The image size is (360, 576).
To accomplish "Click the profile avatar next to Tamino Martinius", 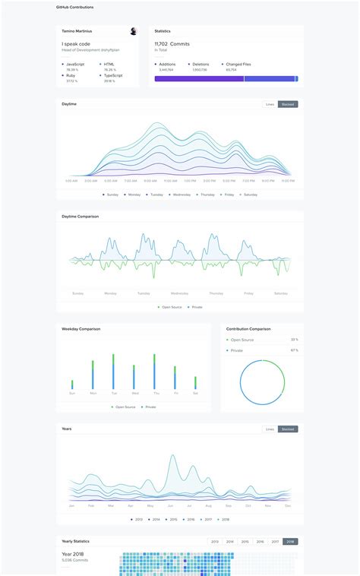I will coord(134,31).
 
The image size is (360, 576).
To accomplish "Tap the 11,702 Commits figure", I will coord(172,44).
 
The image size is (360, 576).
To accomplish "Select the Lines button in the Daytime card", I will coord(270,104).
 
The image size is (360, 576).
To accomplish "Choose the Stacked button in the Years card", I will coord(288,429).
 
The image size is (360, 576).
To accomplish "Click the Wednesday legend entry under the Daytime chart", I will coord(180,195).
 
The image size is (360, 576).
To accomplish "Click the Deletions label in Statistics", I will coord(201,65).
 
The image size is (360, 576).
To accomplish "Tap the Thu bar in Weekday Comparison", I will coord(155,372).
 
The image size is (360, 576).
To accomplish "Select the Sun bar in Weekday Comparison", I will coord(72,385).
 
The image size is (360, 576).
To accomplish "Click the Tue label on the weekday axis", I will coord(114,394).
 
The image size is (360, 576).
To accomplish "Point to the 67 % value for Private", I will coord(294,350).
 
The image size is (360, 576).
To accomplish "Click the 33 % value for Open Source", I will coord(294,340).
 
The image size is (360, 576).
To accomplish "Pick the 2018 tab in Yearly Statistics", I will coord(290,542).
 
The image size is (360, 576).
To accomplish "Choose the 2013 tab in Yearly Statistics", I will coord(215,542).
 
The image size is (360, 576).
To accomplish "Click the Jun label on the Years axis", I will coord(170,505).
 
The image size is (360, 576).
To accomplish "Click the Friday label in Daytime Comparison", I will coord(248,293).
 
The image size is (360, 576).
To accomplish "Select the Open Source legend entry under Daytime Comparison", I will coord(169,307).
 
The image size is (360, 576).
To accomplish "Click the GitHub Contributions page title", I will coord(75,7).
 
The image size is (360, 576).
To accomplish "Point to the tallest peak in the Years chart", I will coord(174,457).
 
